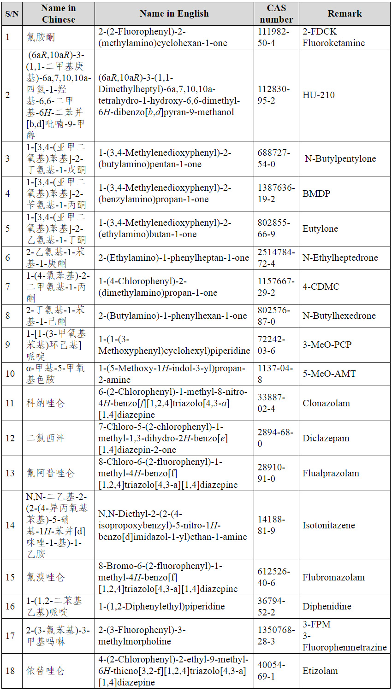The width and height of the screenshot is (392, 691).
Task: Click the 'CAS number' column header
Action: click(276, 14)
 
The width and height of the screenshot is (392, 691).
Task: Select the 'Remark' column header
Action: click(344, 14)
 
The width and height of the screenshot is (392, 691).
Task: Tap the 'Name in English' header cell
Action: click(174, 14)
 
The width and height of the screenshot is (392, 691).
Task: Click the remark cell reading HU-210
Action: click(319, 95)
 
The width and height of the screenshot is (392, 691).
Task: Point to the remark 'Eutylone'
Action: click(320, 228)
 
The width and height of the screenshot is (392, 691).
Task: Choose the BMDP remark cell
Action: click(316, 193)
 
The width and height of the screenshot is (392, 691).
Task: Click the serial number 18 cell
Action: click(10, 671)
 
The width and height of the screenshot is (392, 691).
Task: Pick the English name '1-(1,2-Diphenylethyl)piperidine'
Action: click(161, 606)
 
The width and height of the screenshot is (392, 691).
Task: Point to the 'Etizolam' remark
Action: click(320, 671)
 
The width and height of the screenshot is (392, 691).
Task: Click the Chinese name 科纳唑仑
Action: click(46, 403)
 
